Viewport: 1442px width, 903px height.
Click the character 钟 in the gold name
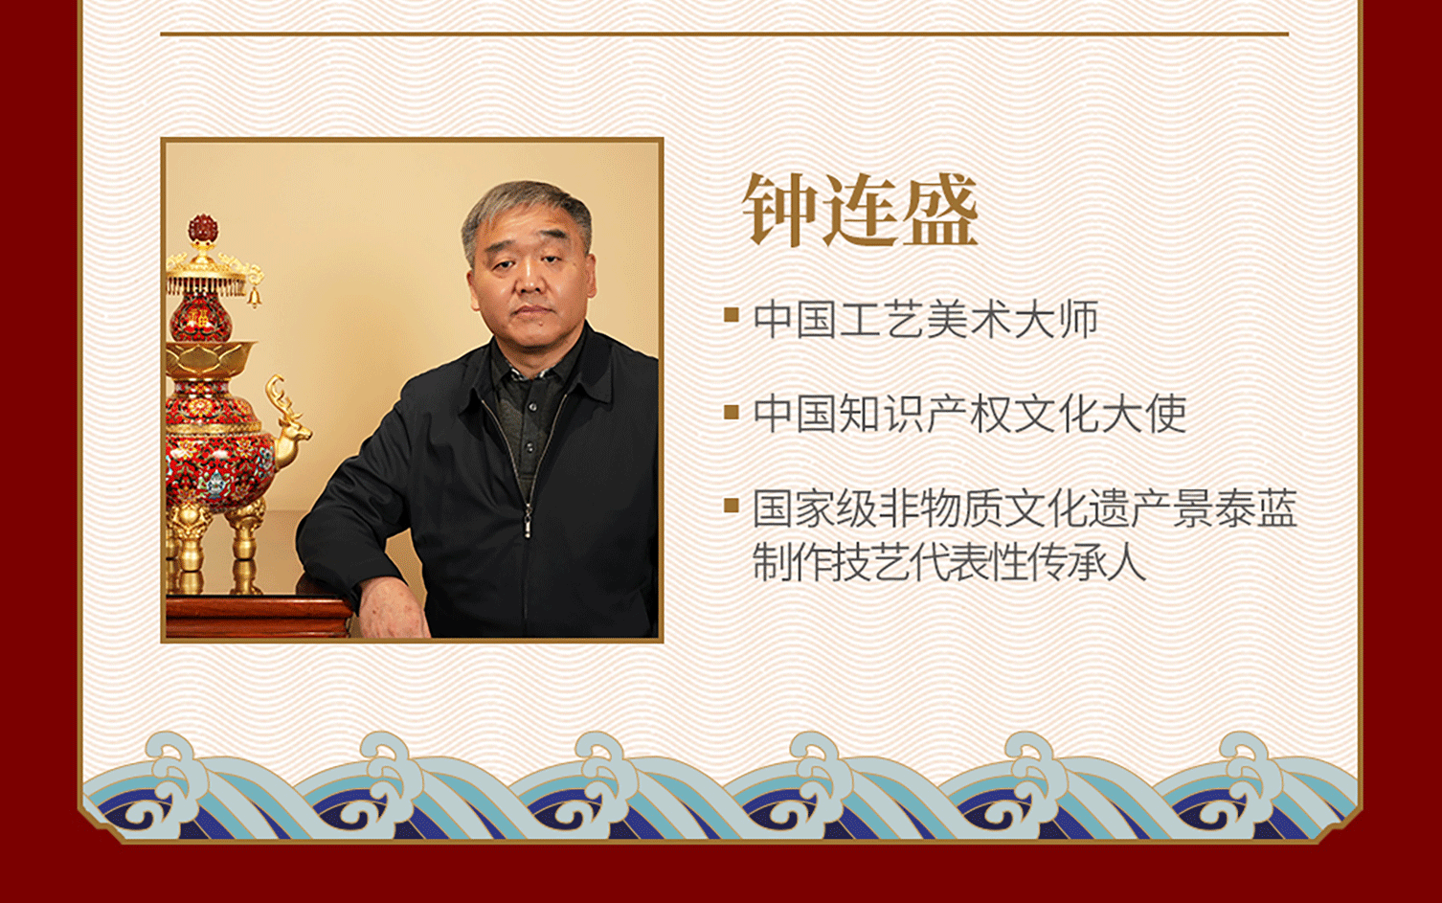(x=780, y=211)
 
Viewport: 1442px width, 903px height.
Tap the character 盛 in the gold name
(x=940, y=211)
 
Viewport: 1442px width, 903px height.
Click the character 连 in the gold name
(x=860, y=211)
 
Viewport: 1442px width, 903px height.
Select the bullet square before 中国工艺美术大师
(x=731, y=315)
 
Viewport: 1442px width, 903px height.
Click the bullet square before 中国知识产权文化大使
(x=731, y=412)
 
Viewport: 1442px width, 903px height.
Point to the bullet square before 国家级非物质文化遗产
(x=731, y=506)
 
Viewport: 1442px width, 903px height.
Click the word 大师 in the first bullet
(x=1056, y=319)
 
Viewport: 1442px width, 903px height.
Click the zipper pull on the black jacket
(x=528, y=525)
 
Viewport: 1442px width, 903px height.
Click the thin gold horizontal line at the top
(x=724, y=33)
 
